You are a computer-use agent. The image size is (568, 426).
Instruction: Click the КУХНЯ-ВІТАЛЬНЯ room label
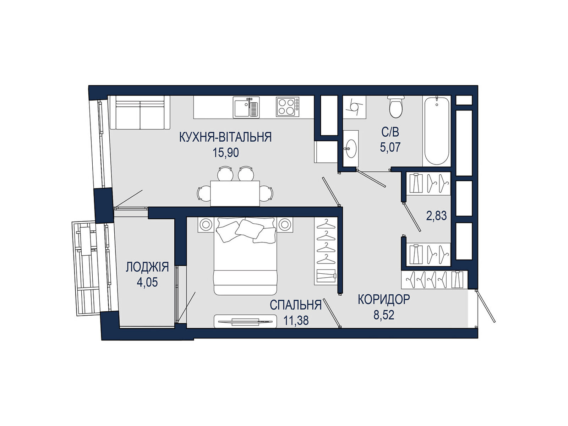[225, 137]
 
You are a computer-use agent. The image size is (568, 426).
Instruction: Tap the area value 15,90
[226, 153]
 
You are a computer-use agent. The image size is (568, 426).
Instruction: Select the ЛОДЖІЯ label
[147, 267]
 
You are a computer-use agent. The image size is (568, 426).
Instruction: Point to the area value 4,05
[147, 282]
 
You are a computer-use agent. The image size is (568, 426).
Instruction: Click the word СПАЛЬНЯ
[295, 305]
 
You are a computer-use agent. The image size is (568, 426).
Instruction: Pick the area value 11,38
[296, 321]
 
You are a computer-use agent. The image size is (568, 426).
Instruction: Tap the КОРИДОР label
[384, 300]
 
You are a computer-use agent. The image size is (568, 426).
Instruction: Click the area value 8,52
[384, 315]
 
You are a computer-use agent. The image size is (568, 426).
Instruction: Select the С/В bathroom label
[390, 132]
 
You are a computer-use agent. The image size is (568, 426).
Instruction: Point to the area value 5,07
[390, 147]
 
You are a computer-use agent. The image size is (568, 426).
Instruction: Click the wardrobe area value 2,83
[436, 216]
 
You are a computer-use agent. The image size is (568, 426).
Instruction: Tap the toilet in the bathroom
[396, 106]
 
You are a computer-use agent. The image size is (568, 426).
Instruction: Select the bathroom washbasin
[351, 148]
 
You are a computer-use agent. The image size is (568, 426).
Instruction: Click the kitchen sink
[246, 107]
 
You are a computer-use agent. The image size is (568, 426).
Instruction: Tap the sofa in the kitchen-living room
[140, 113]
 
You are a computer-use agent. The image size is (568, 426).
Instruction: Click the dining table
[235, 193]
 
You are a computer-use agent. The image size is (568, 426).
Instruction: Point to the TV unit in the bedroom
[245, 322]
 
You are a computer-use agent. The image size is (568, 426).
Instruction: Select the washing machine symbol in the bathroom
[355, 107]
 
